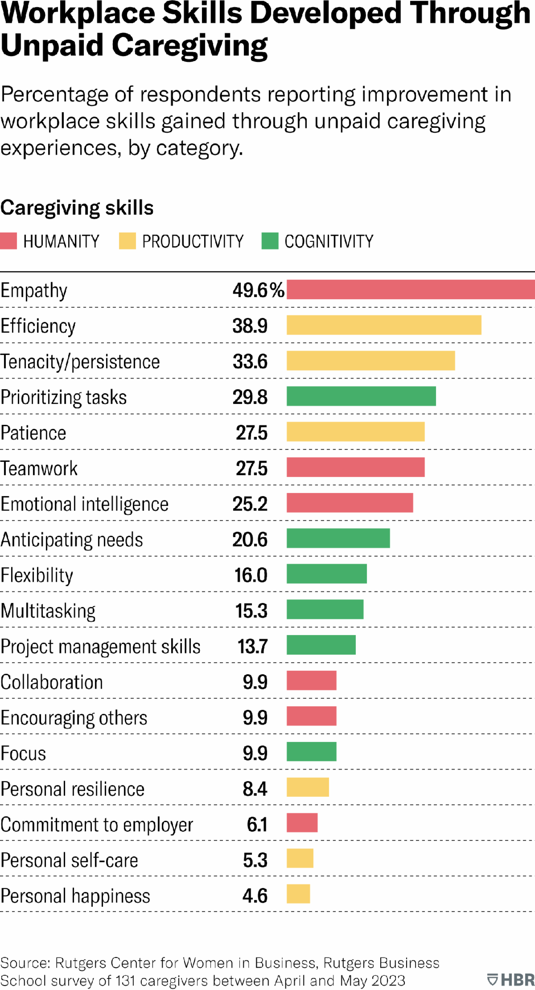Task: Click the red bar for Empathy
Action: tap(410, 289)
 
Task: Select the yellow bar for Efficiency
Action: tap(384, 325)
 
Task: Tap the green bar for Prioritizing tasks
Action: tap(361, 396)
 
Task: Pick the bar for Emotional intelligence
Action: tap(350, 503)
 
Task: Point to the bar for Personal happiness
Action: tap(298, 894)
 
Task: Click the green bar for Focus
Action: tap(311, 752)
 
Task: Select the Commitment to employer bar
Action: tap(302, 823)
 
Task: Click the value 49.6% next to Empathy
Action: tap(258, 290)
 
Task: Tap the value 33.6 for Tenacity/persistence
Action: tap(250, 362)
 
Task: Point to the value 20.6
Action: tap(250, 540)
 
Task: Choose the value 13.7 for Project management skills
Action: tap(252, 647)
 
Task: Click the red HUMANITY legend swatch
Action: tap(8, 241)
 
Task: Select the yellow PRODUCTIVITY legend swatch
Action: tap(128, 241)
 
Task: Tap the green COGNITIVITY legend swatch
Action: tap(270, 241)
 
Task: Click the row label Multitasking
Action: tap(48, 611)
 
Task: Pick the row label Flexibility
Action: tap(37, 575)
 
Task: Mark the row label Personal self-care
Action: tap(69, 860)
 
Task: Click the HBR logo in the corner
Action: tap(511, 980)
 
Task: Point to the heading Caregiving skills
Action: tap(77, 208)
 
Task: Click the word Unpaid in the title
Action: tap(52, 46)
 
